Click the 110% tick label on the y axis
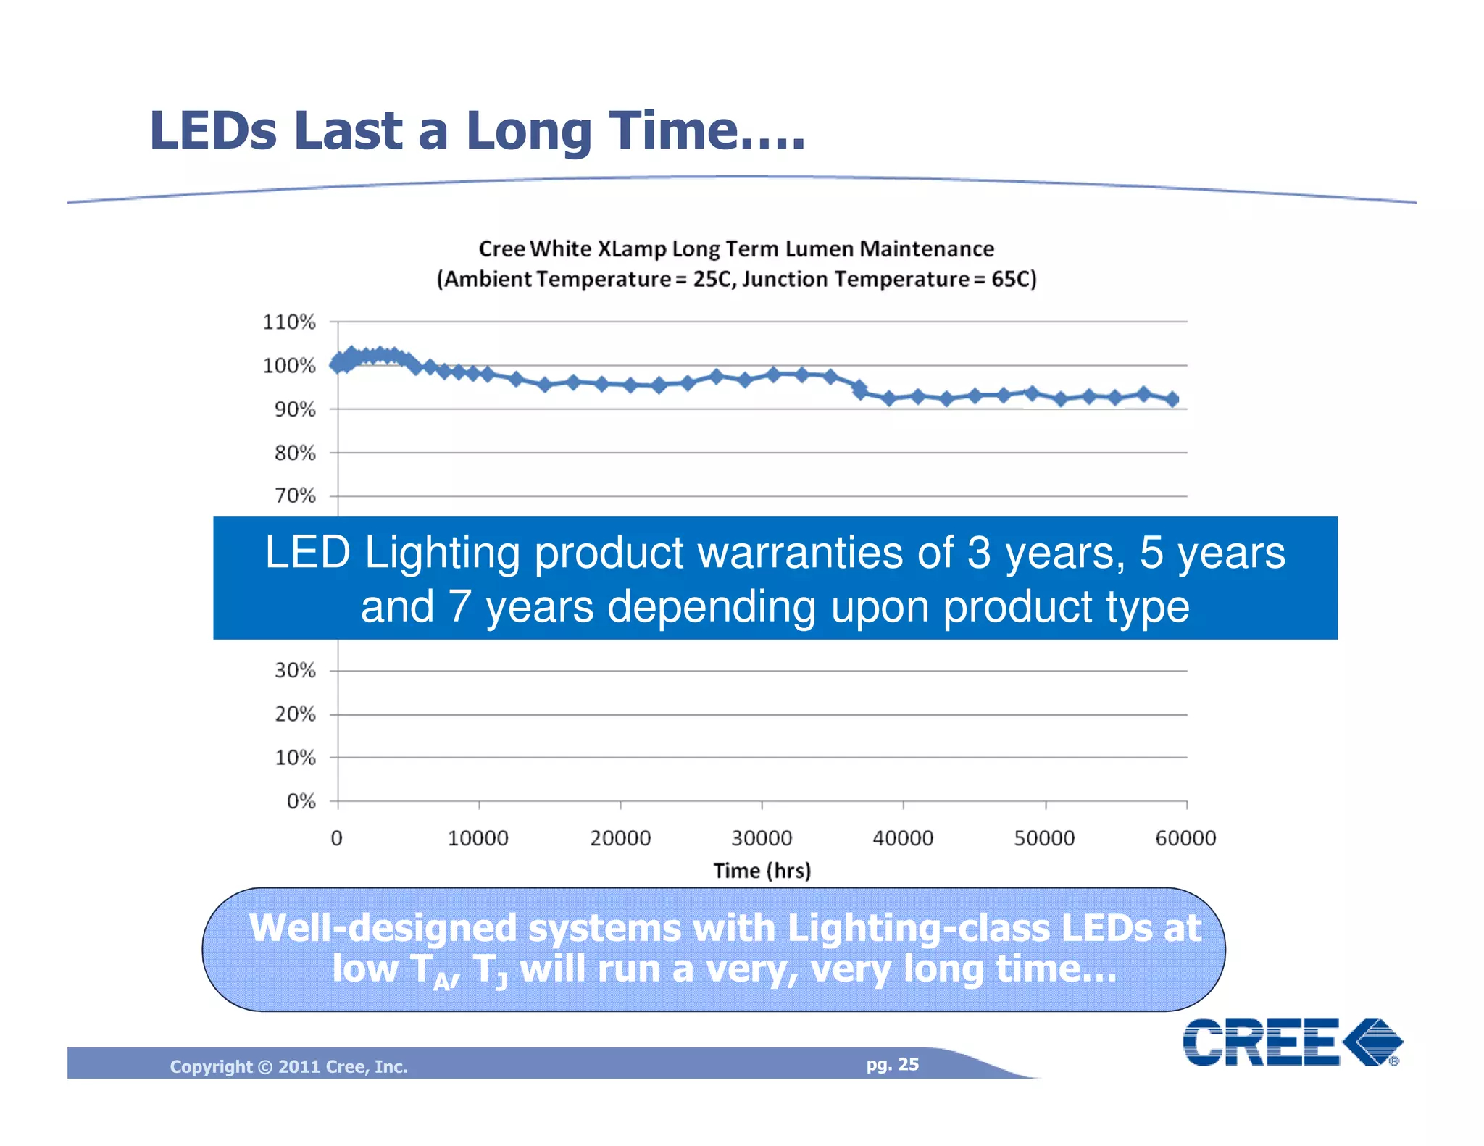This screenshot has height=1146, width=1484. coord(288,322)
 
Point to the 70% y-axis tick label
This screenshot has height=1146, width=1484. coord(294,496)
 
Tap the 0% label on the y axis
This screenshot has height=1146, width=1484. coord(301,801)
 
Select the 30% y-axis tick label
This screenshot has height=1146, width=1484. coord(294,671)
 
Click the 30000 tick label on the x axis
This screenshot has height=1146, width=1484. coord(761,839)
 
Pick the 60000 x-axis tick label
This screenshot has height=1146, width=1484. coord(1185,839)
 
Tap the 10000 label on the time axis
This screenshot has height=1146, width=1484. coord(478,839)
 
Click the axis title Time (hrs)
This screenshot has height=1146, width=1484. coord(762,871)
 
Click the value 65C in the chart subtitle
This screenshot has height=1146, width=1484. coord(1013,280)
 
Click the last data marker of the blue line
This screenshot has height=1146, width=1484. coord(1172,399)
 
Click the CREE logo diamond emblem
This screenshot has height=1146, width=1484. coord(1372,1042)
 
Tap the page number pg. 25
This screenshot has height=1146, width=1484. coord(892,1064)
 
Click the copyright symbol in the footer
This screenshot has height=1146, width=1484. coord(265,1067)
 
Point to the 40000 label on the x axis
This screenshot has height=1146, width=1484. coord(902,839)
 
